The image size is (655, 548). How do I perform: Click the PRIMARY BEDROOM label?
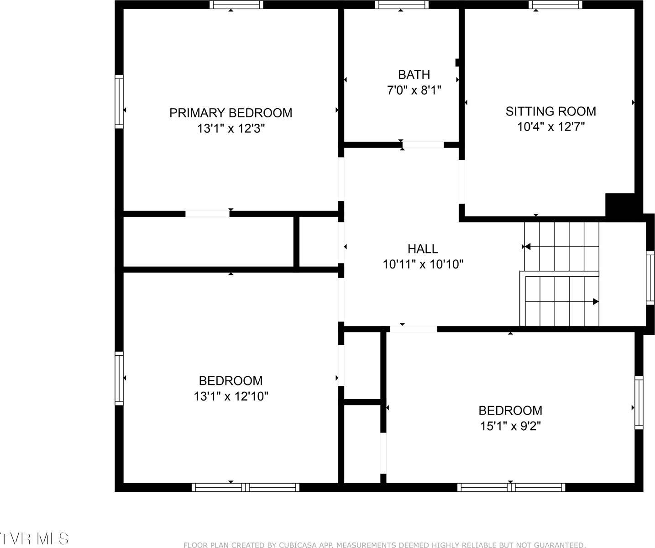point(231,113)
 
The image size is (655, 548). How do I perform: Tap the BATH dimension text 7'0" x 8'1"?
point(414,90)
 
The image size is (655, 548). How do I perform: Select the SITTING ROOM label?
point(550,111)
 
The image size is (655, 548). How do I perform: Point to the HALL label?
point(423,248)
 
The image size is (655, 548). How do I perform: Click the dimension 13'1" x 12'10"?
point(231,396)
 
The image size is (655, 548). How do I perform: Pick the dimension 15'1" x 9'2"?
point(510,426)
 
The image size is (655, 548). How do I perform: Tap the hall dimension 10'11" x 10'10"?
point(423,264)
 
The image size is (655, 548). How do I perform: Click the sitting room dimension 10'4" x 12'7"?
point(550,126)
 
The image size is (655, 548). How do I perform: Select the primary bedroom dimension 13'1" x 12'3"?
point(231,128)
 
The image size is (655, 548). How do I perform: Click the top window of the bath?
point(402,5)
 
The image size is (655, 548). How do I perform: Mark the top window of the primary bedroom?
point(236,5)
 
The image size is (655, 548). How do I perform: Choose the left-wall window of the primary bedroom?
point(119,101)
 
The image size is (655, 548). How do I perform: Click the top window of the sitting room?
point(555,5)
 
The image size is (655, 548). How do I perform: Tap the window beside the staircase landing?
point(650,278)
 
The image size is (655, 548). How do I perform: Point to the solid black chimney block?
point(620,204)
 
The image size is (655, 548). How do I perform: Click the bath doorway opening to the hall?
point(423,145)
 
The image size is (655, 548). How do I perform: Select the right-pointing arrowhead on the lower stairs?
point(595,301)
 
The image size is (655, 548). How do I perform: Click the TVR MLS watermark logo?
point(34,538)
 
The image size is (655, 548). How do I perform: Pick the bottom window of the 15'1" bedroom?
point(511,487)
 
